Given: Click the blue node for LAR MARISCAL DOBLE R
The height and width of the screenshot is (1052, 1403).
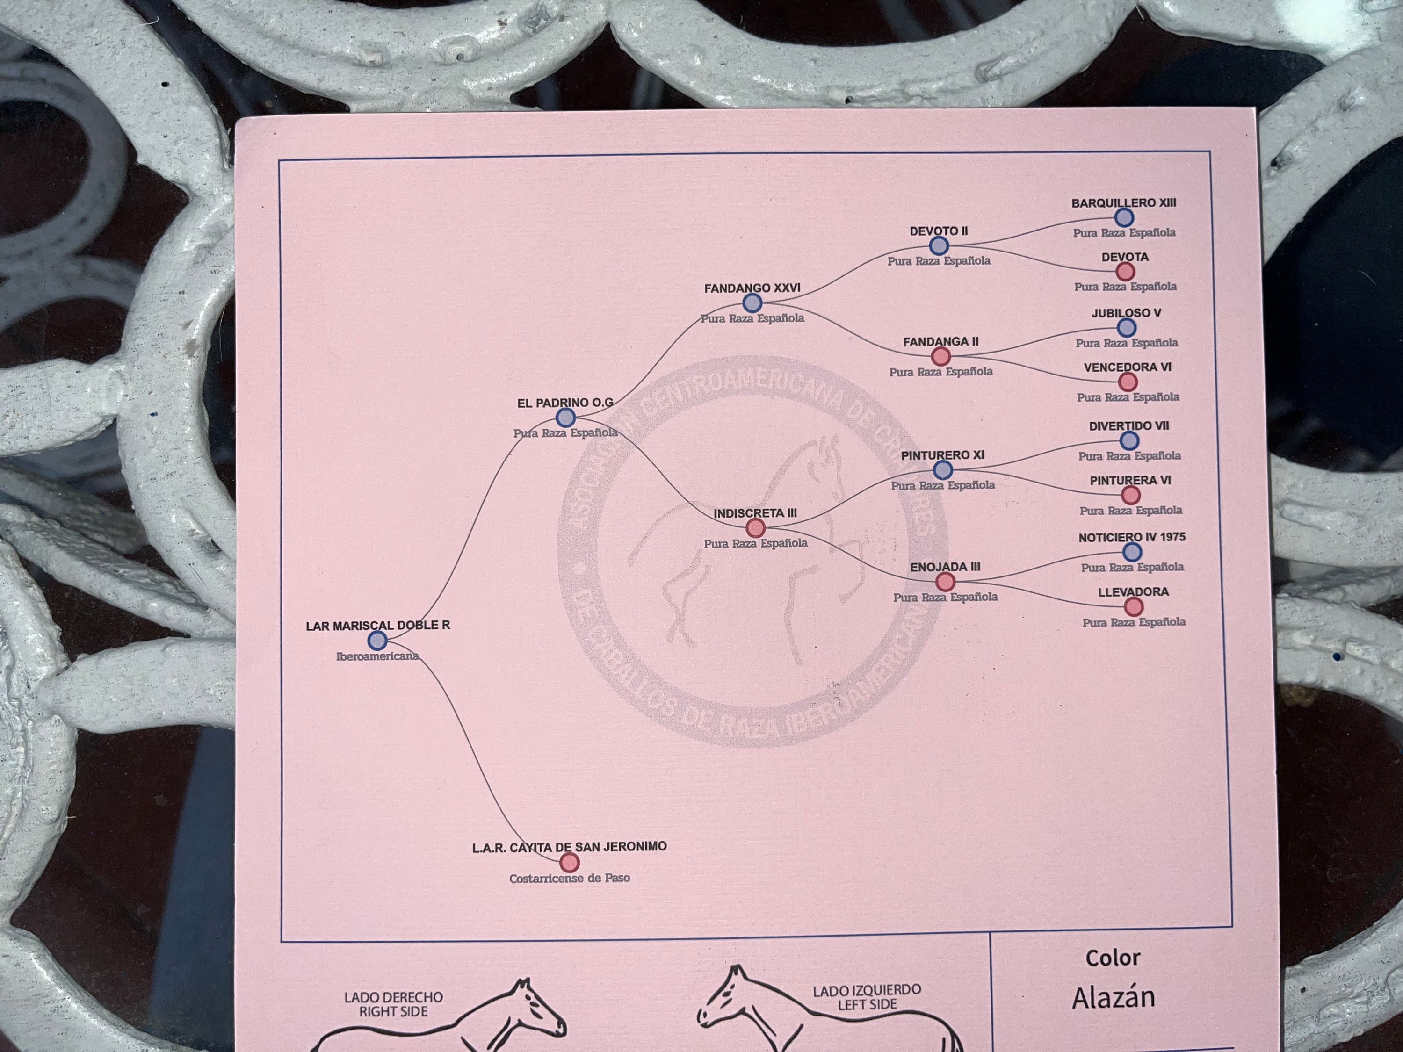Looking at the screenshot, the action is coord(377,641).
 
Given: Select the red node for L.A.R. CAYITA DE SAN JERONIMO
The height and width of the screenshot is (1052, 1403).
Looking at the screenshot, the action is coord(570,862).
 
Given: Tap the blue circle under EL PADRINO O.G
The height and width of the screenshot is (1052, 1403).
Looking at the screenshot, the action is coord(565,417).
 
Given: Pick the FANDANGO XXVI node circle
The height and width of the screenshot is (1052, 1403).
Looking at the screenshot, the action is coord(752,303).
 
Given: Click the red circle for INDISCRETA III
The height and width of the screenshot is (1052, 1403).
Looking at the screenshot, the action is coord(755,527).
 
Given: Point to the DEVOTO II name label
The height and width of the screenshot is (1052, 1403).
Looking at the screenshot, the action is coord(938,231).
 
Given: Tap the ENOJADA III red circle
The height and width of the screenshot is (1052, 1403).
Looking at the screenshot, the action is coord(945,582).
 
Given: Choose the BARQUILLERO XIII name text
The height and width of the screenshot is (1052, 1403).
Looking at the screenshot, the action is coord(1123,203).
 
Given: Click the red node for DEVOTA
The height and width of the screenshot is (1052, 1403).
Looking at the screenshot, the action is coord(1125,271).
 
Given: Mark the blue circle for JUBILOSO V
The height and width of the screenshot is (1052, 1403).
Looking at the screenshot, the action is coord(1127,328).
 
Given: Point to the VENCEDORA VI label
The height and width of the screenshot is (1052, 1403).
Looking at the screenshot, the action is coord(1127,367).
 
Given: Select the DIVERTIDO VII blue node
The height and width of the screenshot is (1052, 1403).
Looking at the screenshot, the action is coord(1129,440).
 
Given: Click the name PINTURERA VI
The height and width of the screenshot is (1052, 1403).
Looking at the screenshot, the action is coord(1130,480).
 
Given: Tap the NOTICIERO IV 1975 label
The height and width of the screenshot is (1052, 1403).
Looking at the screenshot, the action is coord(1132,537).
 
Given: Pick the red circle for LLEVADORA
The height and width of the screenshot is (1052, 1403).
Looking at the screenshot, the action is coord(1134,607).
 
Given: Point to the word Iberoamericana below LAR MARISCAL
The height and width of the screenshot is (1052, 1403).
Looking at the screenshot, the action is coord(377,656).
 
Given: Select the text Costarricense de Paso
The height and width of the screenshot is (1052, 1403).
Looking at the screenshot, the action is coord(570,878).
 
